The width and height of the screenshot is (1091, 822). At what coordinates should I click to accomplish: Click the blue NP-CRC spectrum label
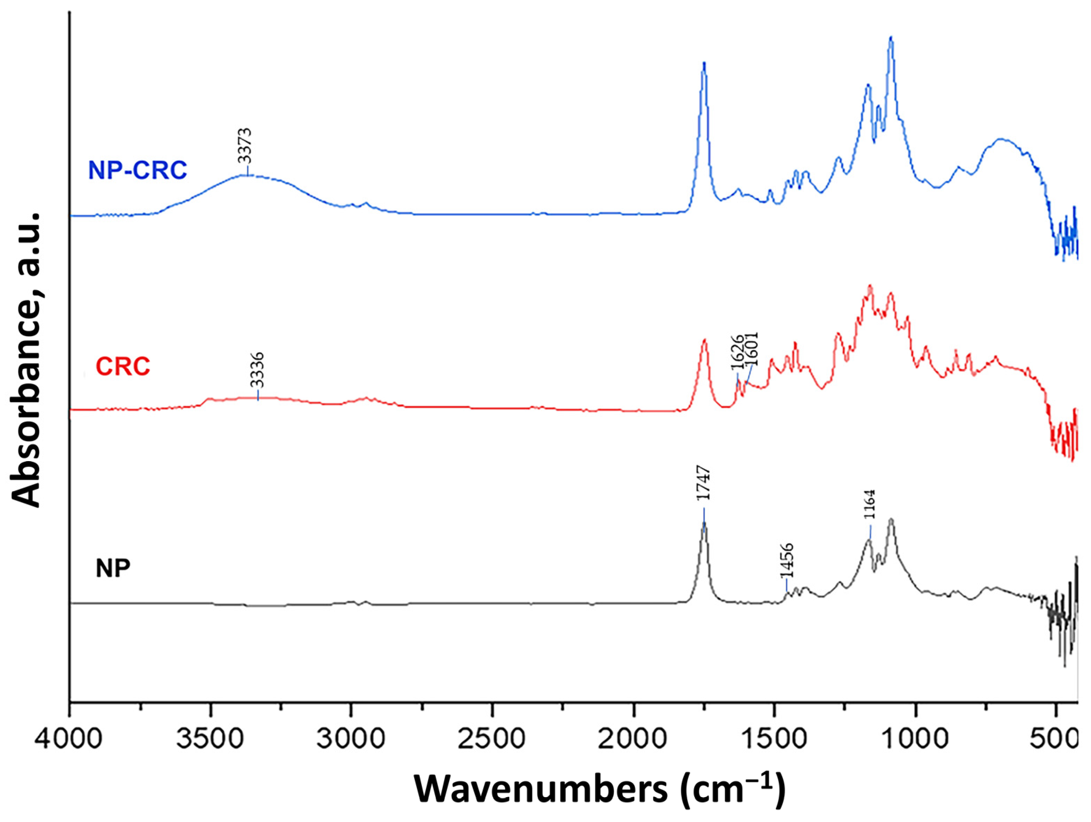138,170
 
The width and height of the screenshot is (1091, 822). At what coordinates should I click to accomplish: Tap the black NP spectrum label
113,568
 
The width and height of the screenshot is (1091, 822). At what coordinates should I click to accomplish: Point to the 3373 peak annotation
244,146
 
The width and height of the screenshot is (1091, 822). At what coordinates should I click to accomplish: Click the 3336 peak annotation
257,370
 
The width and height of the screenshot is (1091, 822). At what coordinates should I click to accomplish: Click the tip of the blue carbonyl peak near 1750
704,63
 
